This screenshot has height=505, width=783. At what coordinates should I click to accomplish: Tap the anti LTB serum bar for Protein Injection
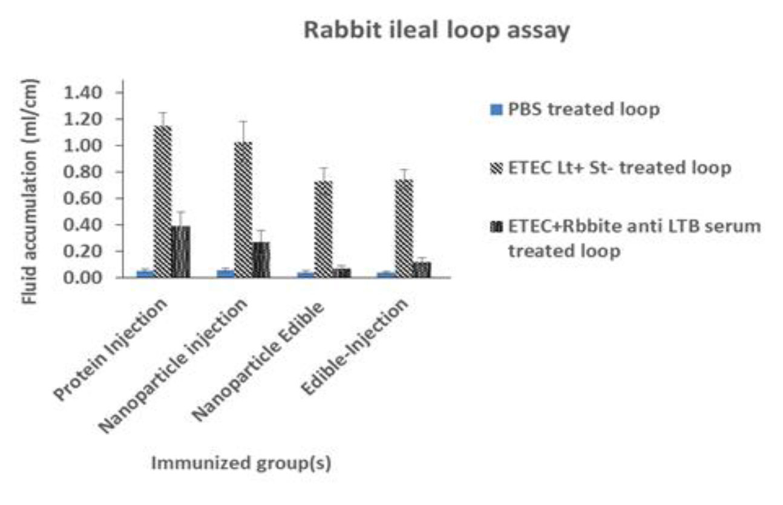181,252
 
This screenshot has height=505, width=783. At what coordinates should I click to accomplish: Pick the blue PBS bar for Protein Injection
145,274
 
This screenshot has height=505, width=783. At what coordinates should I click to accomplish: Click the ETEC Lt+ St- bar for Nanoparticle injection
243,209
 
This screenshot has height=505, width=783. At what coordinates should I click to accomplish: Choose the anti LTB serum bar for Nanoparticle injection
261,259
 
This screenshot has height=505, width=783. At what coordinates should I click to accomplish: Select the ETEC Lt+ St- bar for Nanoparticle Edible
323,229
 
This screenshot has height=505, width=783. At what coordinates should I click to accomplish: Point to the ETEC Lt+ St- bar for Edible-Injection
404,228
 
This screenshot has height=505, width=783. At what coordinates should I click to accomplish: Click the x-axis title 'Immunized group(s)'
240,464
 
